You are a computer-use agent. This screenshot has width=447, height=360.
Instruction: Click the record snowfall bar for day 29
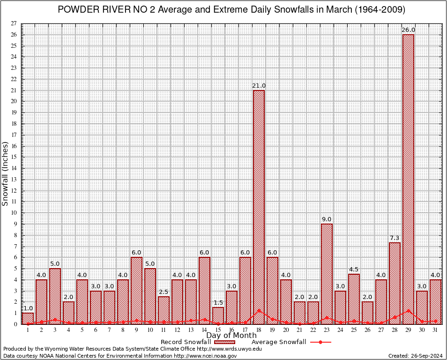coord(408,178)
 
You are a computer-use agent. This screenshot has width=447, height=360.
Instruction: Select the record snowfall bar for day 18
coord(259,206)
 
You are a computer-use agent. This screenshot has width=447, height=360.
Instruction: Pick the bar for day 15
coord(218,315)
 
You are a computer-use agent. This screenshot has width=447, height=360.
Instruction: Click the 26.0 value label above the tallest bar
coord(408,30)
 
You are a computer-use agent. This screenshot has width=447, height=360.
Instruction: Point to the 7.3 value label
coord(395,238)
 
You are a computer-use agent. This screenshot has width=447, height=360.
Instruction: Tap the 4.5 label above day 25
coord(354,270)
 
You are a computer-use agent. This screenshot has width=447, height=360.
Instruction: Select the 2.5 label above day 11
coord(164,292)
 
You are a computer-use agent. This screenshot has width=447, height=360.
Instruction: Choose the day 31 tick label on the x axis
coord(435,330)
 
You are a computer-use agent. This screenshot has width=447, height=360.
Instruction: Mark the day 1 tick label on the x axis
coord(28,330)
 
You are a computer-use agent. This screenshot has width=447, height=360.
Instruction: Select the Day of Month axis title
coord(231,335)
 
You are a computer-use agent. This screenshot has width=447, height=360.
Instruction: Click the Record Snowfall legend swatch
coord(225,342)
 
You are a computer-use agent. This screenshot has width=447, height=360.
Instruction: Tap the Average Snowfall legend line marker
coord(320,342)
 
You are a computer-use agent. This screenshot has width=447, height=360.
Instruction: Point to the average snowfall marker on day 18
coord(259,310)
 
